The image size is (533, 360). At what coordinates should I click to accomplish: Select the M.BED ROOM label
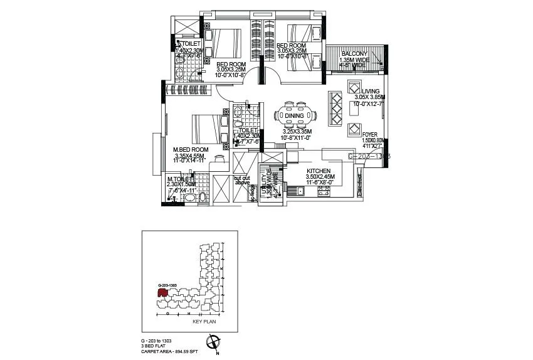point(191,150)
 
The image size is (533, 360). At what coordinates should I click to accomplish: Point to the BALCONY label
point(354,54)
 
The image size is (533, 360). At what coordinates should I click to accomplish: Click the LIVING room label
point(371,91)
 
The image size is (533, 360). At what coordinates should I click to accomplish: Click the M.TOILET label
point(180,180)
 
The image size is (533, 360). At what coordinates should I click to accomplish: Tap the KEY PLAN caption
point(204,321)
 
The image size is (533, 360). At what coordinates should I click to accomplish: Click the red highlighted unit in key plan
point(162,292)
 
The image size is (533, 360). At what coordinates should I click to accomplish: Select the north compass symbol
point(214,342)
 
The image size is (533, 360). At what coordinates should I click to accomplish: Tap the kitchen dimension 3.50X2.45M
point(320,177)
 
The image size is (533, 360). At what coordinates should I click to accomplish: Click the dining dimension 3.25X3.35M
point(293,132)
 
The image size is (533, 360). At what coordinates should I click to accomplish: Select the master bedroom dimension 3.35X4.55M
point(191,156)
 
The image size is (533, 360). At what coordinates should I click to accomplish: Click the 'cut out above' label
point(243,180)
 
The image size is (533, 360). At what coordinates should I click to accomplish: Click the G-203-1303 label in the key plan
point(166,285)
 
